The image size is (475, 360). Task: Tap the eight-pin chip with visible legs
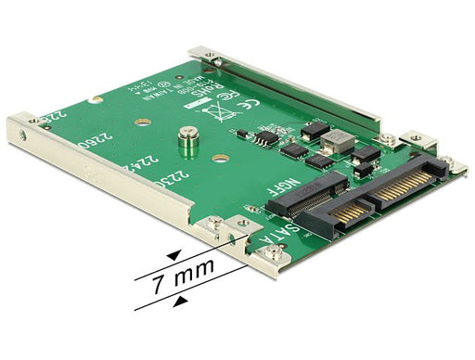pyautogui.click(x=266, y=138)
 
